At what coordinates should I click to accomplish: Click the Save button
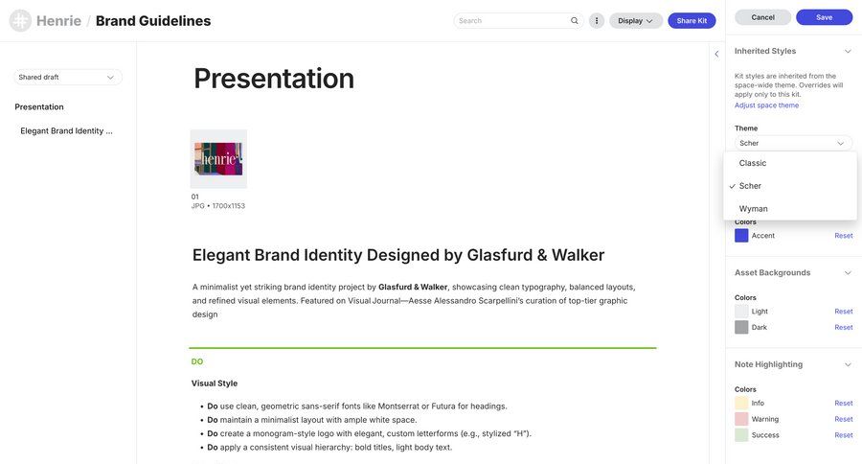(x=824, y=17)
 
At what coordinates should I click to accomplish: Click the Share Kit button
(x=692, y=20)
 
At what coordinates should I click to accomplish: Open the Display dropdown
(x=636, y=20)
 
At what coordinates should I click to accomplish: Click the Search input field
(x=512, y=20)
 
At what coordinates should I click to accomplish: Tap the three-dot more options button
(x=597, y=20)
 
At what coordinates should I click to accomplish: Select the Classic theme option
(x=753, y=163)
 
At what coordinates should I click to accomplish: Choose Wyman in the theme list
(x=754, y=208)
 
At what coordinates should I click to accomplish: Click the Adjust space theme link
(x=766, y=105)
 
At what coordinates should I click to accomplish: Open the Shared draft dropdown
(x=67, y=77)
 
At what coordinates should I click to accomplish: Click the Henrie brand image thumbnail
(x=218, y=158)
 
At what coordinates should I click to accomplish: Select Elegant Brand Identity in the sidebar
(x=67, y=130)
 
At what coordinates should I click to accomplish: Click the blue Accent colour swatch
(x=741, y=235)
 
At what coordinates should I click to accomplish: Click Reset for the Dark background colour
(x=843, y=327)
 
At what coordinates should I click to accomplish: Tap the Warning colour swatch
(x=741, y=419)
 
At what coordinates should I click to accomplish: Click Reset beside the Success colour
(x=843, y=435)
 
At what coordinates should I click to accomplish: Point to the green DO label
(x=197, y=361)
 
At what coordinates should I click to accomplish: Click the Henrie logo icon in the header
(x=20, y=20)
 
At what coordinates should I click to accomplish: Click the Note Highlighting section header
(x=768, y=364)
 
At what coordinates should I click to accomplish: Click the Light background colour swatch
(x=741, y=312)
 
